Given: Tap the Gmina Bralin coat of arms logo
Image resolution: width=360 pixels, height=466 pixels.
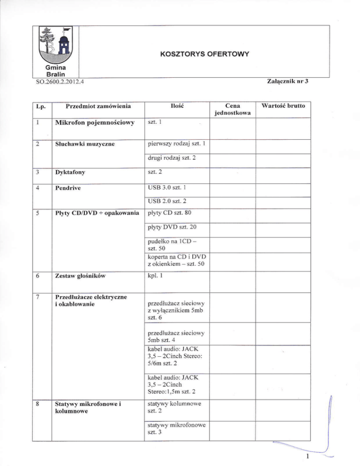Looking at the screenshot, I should coord(58,46).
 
